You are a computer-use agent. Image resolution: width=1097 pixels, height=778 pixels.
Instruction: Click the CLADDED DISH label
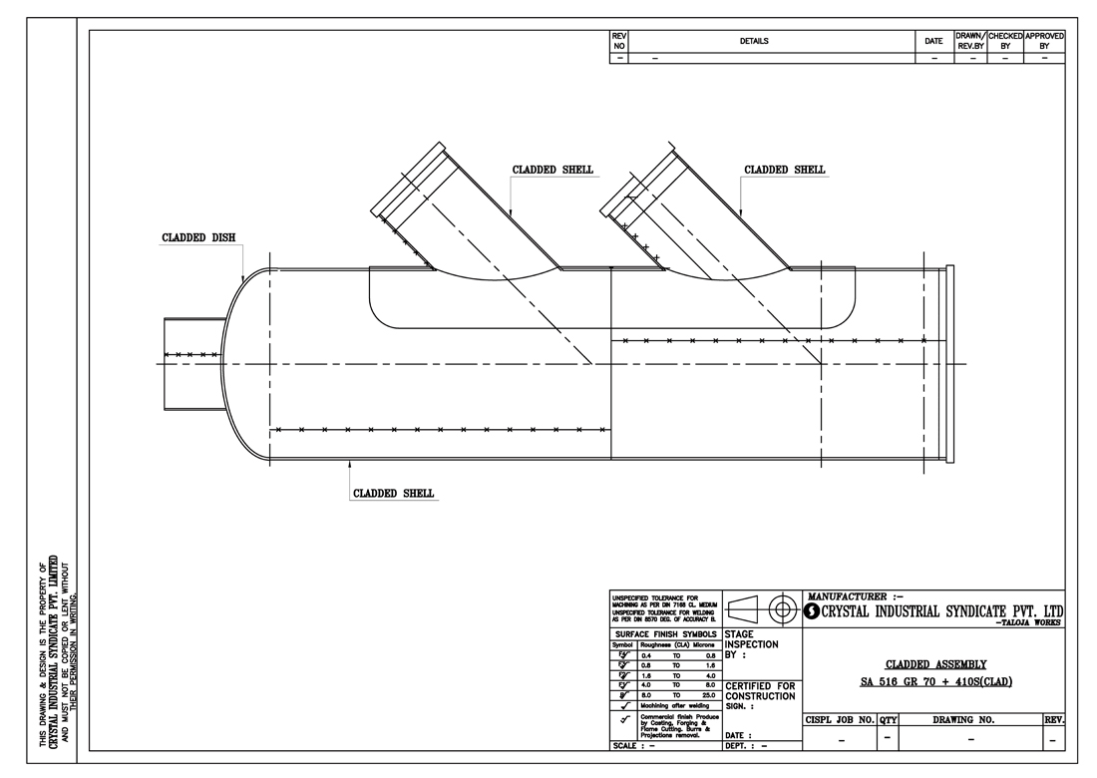coord(198,238)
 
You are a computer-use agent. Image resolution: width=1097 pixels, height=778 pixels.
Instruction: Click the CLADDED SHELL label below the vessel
coord(394,493)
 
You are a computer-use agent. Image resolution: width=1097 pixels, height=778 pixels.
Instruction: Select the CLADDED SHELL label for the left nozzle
coord(552,170)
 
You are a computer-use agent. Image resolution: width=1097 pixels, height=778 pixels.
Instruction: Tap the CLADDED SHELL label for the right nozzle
coord(784,170)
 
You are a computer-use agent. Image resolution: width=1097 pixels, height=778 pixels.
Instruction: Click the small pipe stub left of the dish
coord(190,363)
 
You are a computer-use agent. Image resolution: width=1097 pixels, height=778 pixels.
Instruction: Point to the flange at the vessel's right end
coord(948,364)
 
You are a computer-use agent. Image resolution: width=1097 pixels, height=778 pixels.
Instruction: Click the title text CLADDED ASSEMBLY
coord(935,663)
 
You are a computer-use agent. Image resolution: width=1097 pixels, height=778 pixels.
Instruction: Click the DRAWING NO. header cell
coord(970,718)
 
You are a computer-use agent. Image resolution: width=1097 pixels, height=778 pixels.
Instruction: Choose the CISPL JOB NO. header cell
coord(839,718)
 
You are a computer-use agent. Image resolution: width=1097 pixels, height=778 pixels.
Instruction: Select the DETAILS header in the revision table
coord(754,41)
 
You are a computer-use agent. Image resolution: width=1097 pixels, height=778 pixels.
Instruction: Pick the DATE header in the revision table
coord(933,41)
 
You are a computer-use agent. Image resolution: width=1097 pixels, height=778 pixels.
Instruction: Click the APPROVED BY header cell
coord(1044,41)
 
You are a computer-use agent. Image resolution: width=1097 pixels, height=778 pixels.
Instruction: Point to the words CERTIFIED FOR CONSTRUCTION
coord(760,690)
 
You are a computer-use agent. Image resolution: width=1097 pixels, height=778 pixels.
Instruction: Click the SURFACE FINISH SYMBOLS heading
coord(665,633)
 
